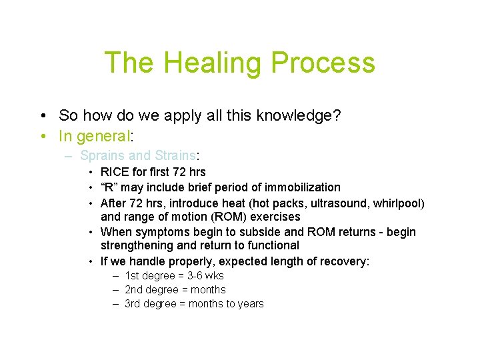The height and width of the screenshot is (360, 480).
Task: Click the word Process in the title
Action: pyautogui.click(x=327, y=63)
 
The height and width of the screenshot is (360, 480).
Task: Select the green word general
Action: pyautogui.click(x=103, y=137)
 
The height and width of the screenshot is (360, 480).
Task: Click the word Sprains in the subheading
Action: pyautogui.click(x=102, y=156)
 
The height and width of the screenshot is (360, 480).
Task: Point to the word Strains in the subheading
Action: pyautogui.click(x=175, y=156)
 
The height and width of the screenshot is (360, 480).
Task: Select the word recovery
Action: pyautogui.click(x=340, y=261)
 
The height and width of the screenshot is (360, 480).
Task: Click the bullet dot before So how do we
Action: pyautogui.click(x=43, y=116)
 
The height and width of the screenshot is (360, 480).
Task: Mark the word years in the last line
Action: pyautogui.click(x=251, y=304)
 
